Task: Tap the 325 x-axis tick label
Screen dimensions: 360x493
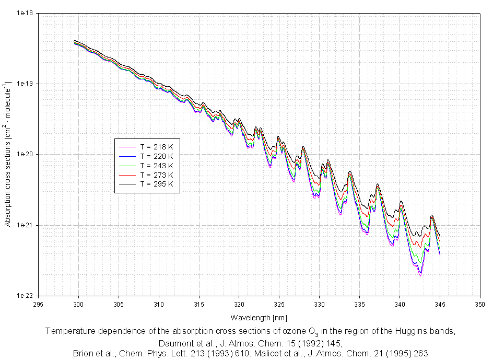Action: point(279,304)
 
